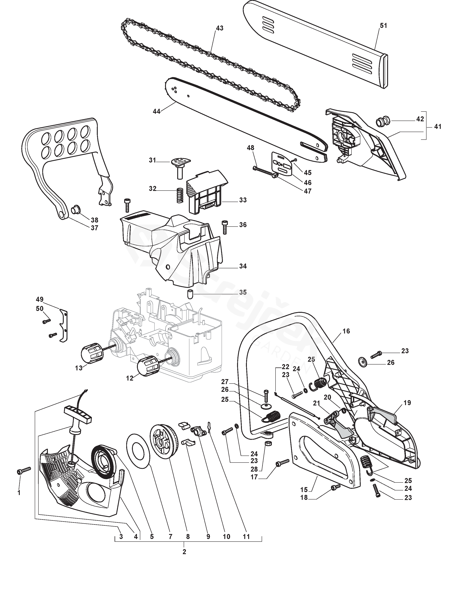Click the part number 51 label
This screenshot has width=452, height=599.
point(383,25)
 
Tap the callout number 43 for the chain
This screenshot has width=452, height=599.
point(220,28)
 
